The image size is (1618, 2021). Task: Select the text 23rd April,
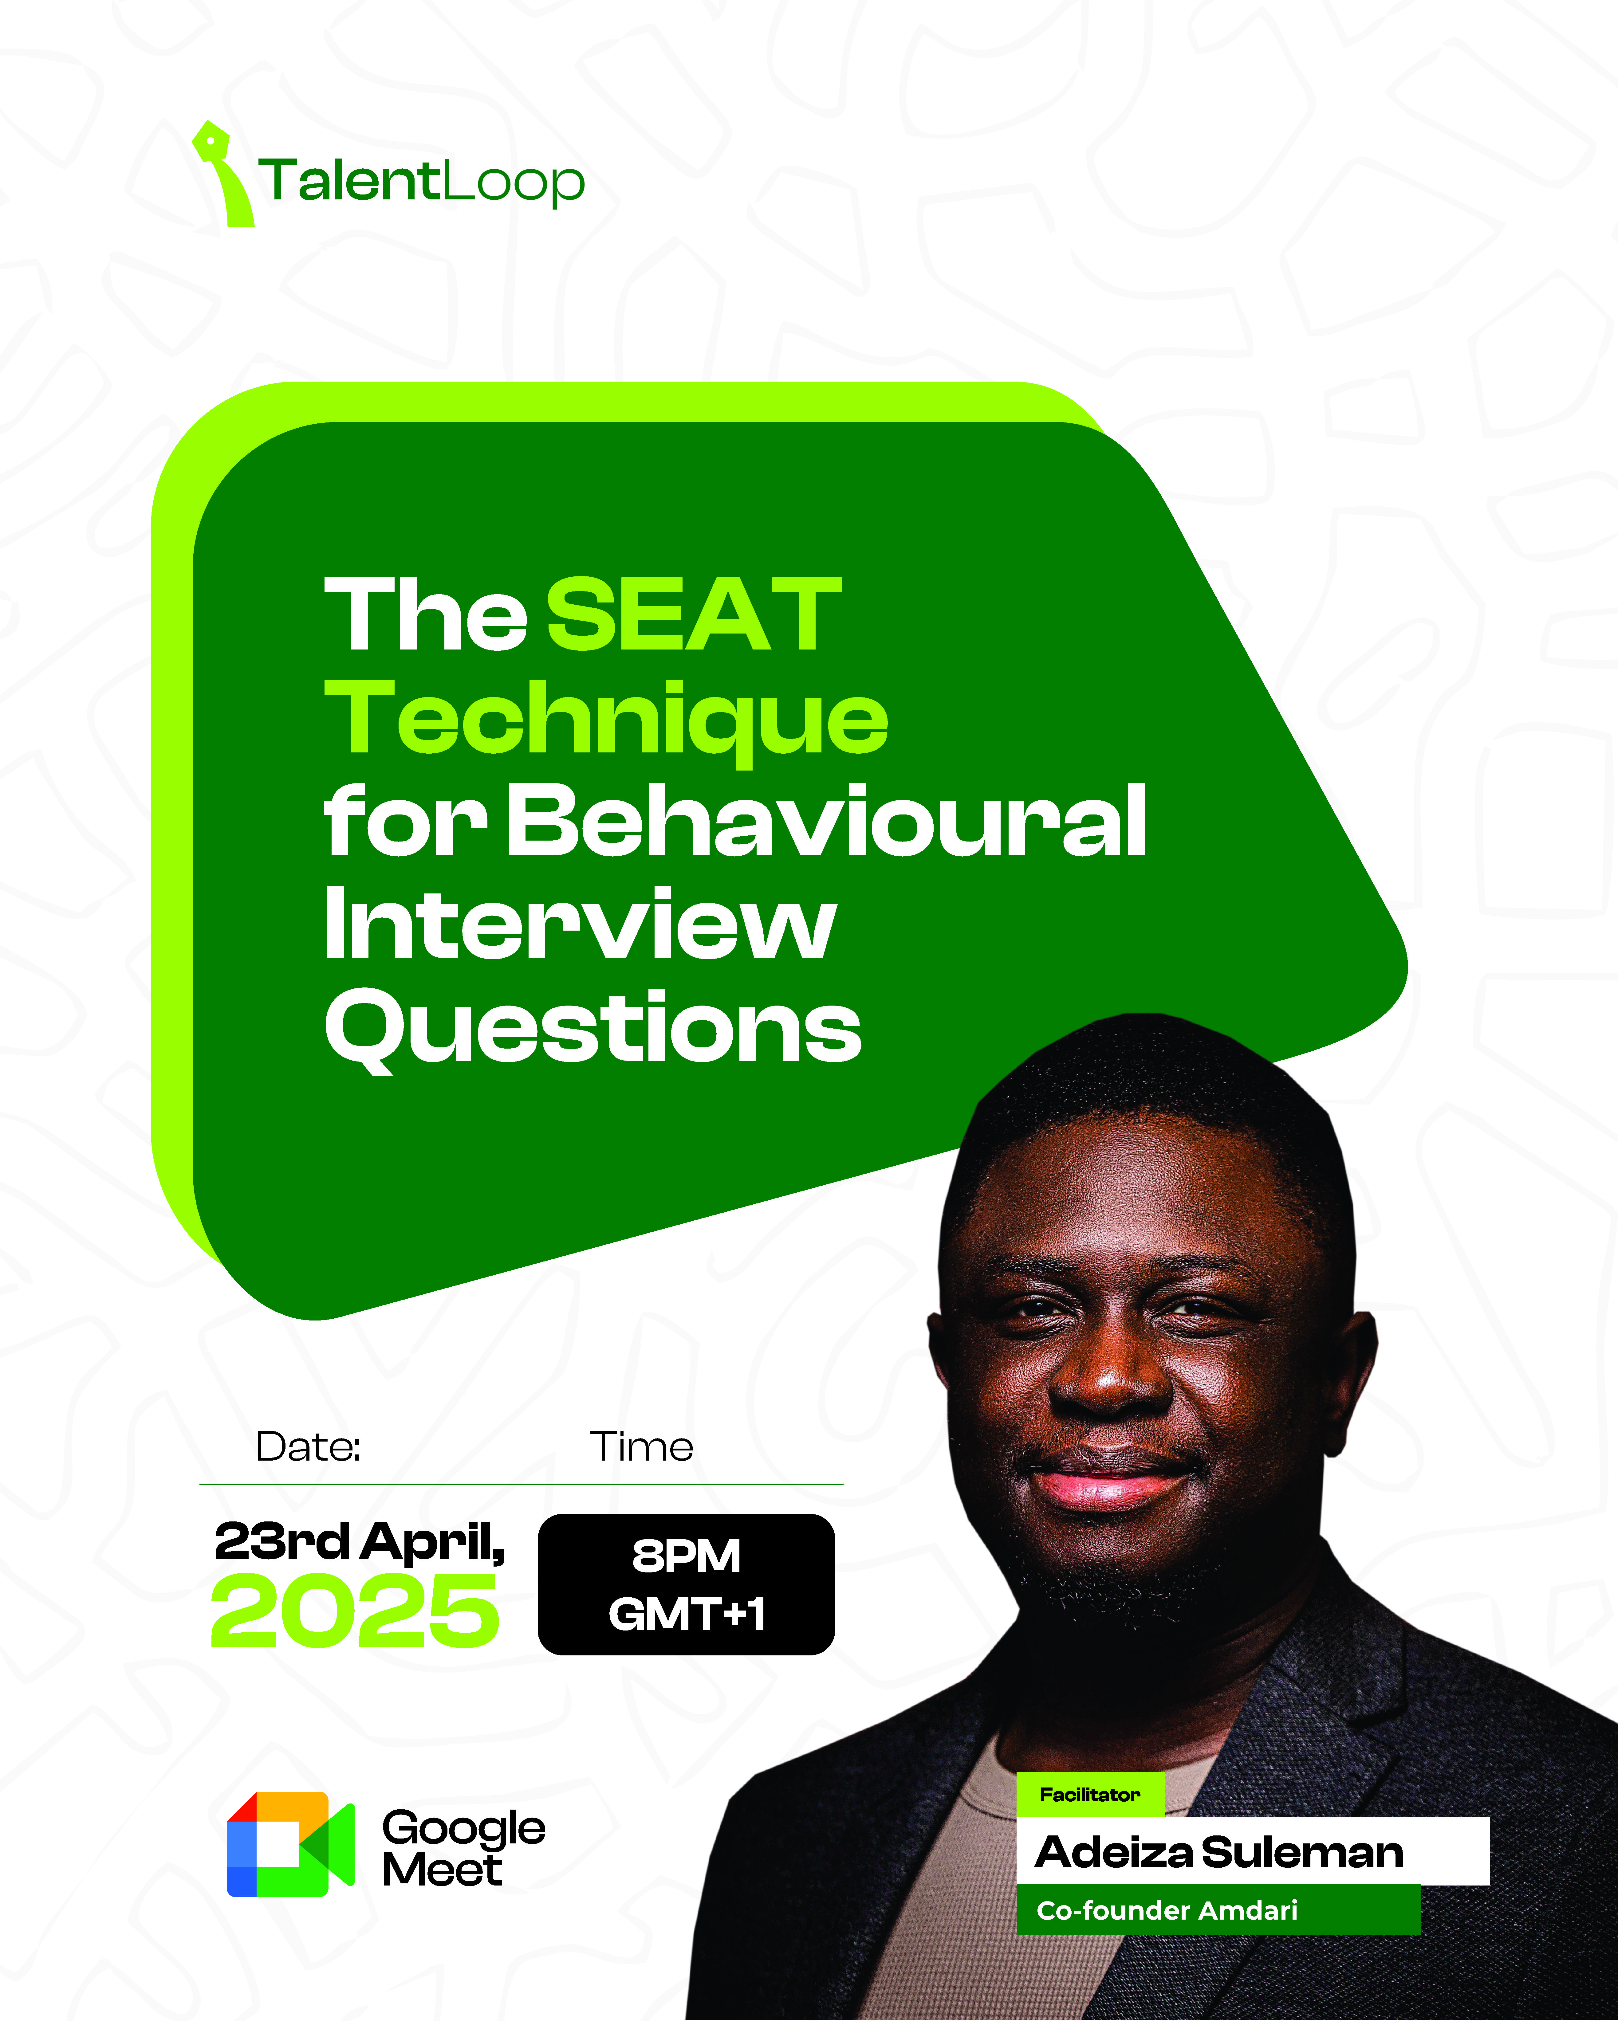click(360, 1542)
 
